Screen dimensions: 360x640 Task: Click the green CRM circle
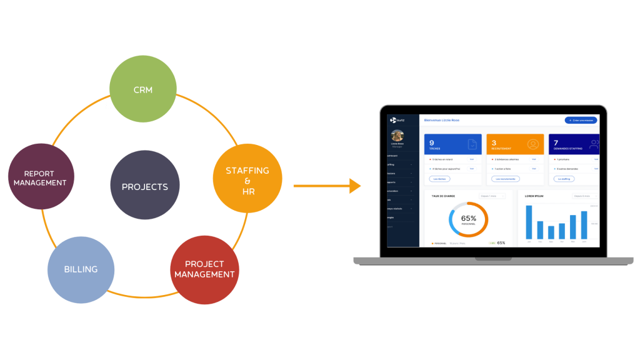[x=143, y=89]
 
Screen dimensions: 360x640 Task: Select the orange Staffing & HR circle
[x=247, y=180]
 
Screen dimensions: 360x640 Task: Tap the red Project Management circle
[x=204, y=270]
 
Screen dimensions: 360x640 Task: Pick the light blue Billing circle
[x=81, y=269]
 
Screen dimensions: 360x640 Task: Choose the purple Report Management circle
[x=40, y=177]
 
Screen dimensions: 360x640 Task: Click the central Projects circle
[x=144, y=186]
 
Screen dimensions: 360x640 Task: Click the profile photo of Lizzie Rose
[x=397, y=136]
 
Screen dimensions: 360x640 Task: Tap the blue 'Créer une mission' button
[x=581, y=120]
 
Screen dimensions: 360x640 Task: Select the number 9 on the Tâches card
[x=432, y=142]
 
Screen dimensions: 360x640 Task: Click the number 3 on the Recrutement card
[x=494, y=142]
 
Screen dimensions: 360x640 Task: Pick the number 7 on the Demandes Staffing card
[x=556, y=142]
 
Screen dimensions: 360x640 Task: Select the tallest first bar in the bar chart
[x=529, y=222]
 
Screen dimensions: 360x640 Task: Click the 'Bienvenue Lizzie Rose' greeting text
[x=441, y=120]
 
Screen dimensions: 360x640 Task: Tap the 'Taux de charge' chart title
[x=442, y=196]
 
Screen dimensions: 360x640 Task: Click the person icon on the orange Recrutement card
[x=532, y=144]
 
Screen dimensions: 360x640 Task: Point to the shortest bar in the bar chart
[x=551, y=232]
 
